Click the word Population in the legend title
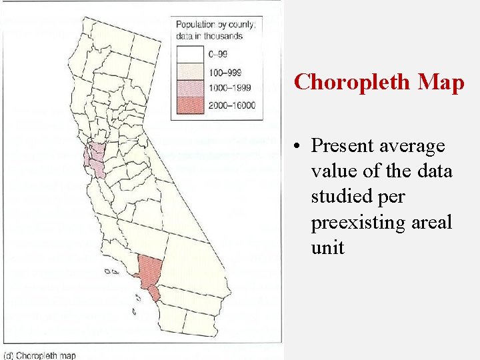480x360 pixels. click(197, 25)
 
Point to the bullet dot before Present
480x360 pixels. click(301, 146)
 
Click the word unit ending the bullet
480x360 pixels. click(327, 247)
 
